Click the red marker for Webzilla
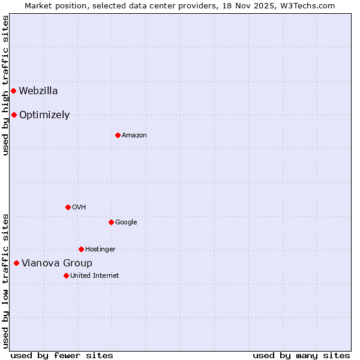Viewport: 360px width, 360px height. coord(13,91)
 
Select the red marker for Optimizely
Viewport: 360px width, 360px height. coord(14,115)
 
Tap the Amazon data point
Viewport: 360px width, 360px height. coord(118,135)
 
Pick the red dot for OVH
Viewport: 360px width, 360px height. coord(68,207)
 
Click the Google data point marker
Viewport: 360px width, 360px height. coord(111,222)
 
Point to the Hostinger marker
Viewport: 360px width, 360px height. coord(81,249)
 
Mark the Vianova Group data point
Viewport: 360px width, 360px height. coord(16,263)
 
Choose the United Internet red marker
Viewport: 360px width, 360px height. coord(66,275)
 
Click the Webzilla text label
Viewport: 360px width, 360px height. coord(38,91)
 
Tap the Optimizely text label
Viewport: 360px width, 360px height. coord(44,115)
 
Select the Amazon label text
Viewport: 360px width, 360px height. coord(134,136)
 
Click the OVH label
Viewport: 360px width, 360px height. coord(79,208)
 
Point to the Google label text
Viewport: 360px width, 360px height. coord(126,223)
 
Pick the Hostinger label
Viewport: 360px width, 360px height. coord(100,250)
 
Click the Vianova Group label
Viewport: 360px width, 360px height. coord(57,263)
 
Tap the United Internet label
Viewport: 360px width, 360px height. coord(95,276)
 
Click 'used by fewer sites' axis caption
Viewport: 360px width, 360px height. coord(62,355)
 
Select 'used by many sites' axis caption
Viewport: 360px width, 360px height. coord(301,355)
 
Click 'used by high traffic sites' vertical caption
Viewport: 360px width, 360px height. coord(5,85)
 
